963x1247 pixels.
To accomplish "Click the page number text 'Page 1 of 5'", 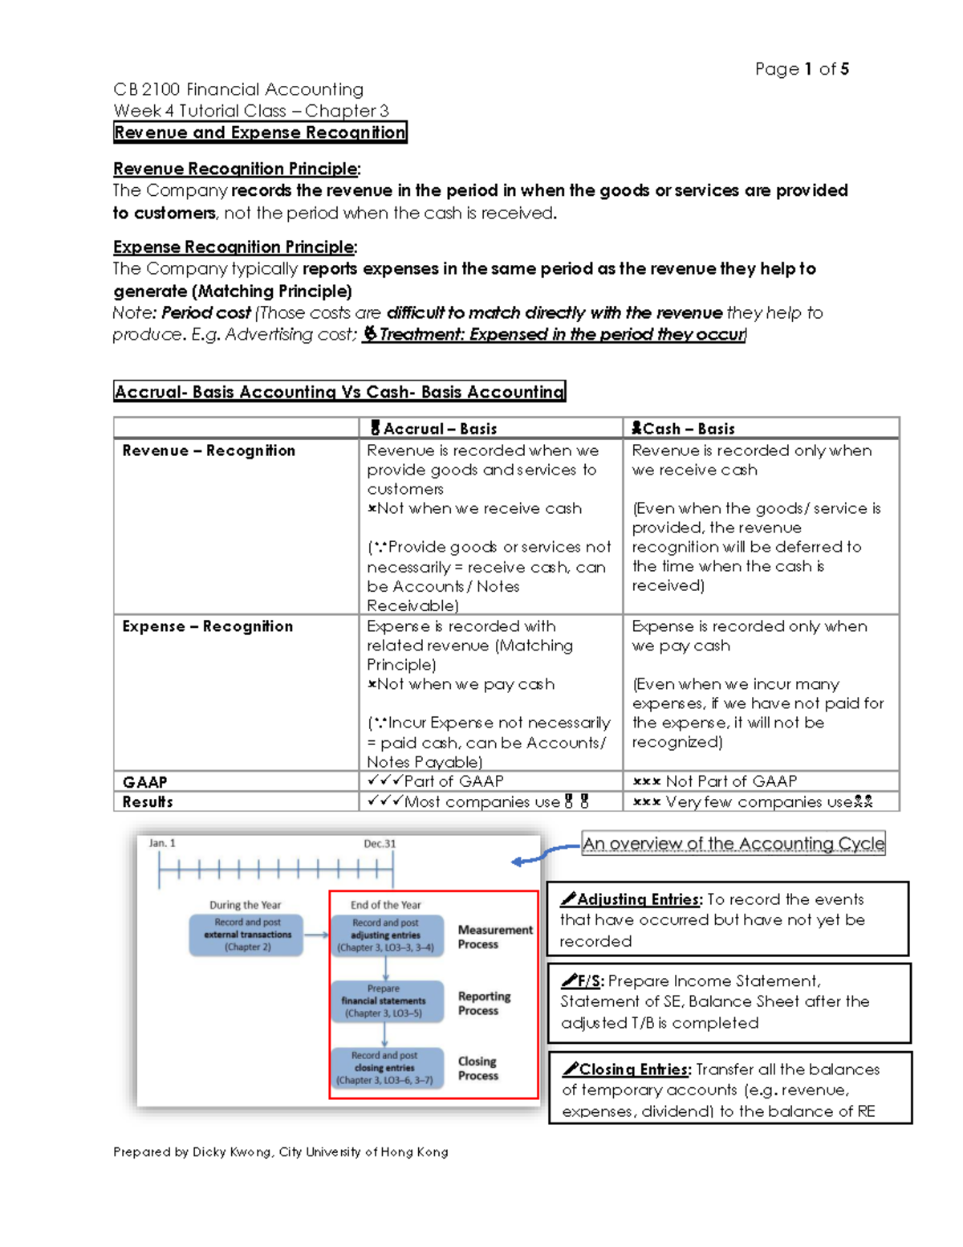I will coord(802,69).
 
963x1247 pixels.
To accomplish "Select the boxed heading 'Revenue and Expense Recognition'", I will coord(260,132).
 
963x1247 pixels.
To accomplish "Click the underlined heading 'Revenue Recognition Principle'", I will coord(236,169).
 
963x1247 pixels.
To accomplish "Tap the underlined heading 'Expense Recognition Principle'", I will coord(234,247).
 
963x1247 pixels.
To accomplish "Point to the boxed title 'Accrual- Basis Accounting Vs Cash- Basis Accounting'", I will coord(339,392).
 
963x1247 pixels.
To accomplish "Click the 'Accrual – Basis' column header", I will coord(433,429).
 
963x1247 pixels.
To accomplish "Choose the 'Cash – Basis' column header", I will coord(684,429).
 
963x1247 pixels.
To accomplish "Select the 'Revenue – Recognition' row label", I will coord(209,450).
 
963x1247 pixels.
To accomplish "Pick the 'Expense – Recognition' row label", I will coord(207,626).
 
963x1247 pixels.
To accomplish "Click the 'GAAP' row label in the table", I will coord(145,781).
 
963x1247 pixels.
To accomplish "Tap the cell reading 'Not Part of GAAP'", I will coord(715,781).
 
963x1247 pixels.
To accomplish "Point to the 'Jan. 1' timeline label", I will coord(162,843).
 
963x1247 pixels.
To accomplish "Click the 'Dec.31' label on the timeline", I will coord(380,843).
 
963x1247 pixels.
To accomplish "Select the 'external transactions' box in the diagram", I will coord(246,935).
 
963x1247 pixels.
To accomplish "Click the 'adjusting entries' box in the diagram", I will coord(386,935).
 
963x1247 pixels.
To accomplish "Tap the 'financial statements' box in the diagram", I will coord(384,1001).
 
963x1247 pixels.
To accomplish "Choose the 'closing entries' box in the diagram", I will coord(385,1068).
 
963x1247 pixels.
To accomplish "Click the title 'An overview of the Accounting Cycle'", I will coord(733,843).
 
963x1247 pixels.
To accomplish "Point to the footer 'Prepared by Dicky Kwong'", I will coord(280,1151).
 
